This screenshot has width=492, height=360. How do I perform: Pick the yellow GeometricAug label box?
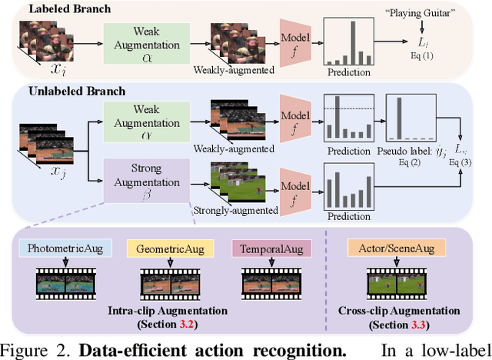167,249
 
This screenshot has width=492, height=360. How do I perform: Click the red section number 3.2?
204,323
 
